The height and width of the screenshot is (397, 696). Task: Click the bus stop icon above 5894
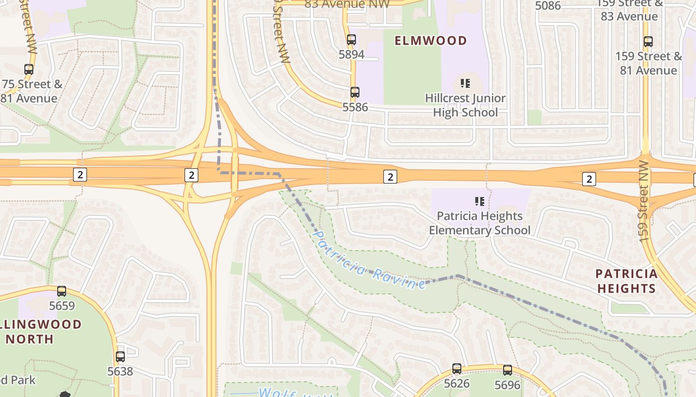coord(351,40)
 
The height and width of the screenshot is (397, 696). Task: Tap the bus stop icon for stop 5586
coord(354,92)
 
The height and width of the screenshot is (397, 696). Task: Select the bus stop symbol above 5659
coord(62,291)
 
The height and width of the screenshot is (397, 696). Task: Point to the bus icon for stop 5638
coord(120,356)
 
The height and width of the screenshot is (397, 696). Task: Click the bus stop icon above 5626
coord(457,369)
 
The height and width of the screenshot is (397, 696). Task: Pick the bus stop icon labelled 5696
coord(507,370)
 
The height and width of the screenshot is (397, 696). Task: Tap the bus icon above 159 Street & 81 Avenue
coord(648,42)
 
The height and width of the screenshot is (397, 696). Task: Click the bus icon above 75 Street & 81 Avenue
coord(29,69)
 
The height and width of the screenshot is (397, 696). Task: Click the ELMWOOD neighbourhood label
coord(431,41)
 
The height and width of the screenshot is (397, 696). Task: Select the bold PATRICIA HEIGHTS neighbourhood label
coord(626,281)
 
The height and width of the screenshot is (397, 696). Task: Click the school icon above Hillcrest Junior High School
coord(465,83)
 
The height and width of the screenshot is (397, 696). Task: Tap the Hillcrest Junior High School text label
coord(465,105)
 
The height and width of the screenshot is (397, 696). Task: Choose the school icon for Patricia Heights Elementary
coord(480,201)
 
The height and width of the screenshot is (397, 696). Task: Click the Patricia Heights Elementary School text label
coord(480,223)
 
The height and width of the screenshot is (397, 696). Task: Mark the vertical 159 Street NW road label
coord(644,201)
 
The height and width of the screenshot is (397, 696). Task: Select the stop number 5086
coord(548,6)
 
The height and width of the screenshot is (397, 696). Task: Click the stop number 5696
coord(507,385)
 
